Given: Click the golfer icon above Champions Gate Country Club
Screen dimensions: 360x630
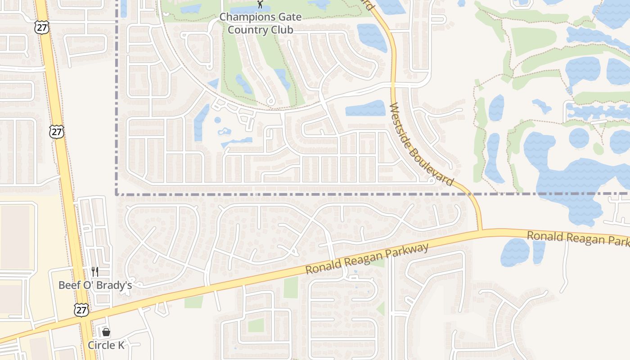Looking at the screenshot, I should [x=260, y=4].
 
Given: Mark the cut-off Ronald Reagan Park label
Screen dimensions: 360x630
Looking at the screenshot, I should [x=578, y=238].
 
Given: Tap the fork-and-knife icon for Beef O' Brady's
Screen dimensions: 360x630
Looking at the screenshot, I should [x=94, y=271].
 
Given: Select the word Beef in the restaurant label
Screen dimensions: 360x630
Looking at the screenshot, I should [x=69, y=285].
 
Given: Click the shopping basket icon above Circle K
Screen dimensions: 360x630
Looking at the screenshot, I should [x=106, y=332].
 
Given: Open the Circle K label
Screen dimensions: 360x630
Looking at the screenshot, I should [x=106, y=345].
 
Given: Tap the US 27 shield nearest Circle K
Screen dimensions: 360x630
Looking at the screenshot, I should [x=81, y=310].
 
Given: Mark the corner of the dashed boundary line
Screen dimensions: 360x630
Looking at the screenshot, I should [x=117, y=194].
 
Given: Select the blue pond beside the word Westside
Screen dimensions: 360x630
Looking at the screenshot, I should [x=365, y=108].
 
